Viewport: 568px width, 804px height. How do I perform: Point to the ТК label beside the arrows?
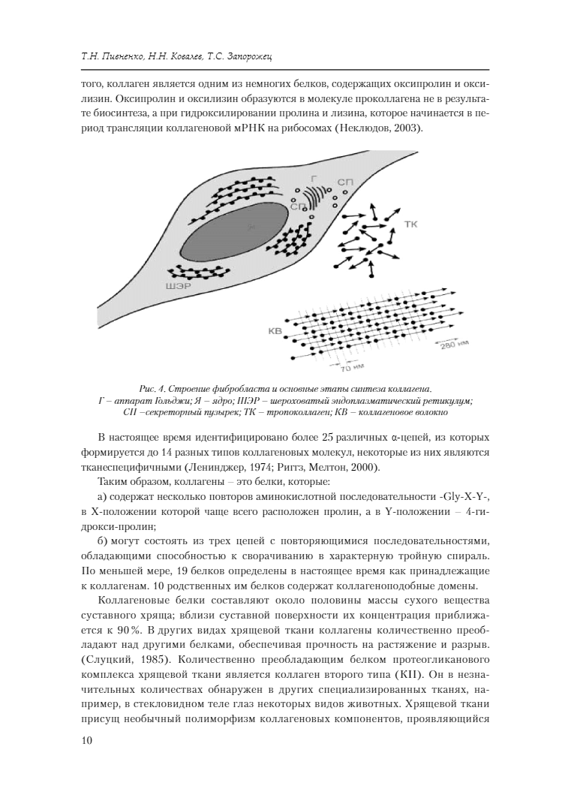click(410, 224)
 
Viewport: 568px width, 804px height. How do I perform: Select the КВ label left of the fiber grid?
click(275, 330)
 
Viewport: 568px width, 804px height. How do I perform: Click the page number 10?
click(86, 741)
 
